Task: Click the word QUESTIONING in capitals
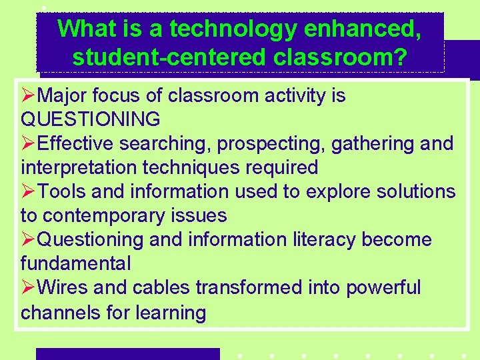[91, 119]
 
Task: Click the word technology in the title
[223, 29]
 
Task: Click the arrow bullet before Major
[29, 95]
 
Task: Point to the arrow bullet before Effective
[29, 143]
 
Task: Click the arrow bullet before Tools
[29, 191]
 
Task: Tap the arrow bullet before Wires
[29, 287]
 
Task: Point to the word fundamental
[75, 263]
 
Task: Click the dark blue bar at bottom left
[127, 353]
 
